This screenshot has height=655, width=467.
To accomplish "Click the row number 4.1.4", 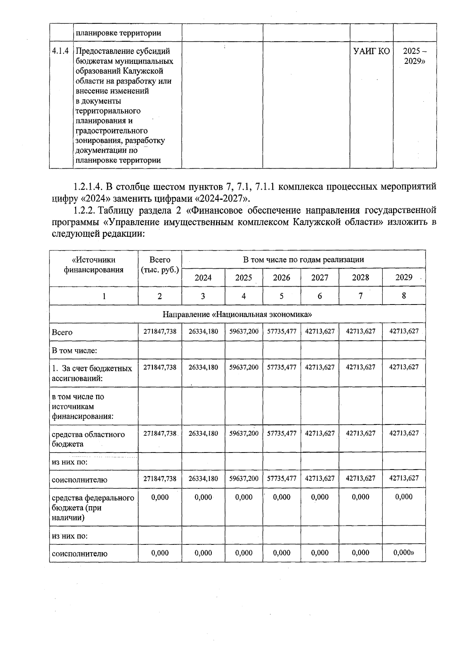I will point(61,51).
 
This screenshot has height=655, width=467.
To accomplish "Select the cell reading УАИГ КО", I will point(371,51).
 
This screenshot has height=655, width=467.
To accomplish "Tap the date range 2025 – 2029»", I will point(414,56).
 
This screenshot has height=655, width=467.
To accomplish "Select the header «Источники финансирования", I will point(94,265).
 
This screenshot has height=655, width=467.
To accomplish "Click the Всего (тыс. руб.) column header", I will point(160,265).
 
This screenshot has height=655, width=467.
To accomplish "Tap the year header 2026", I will point(281,278).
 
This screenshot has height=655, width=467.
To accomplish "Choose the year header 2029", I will point(404,277).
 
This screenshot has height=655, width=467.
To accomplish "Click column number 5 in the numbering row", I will point(281,296).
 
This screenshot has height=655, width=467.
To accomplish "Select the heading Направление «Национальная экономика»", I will point(237,314).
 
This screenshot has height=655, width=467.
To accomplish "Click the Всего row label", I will point(62,332).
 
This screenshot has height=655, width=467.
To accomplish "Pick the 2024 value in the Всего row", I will point(203,331).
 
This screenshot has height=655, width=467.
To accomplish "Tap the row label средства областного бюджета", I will point(88,439).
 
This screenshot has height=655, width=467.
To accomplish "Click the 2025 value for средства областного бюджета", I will point(244,433).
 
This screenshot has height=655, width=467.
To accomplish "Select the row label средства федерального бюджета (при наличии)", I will point(93,507).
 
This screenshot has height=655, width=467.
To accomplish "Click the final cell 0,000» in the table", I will point(404,553).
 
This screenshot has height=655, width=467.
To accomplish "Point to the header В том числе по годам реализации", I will point(304,259).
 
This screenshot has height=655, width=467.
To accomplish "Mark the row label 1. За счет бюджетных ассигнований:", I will point(92,373).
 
